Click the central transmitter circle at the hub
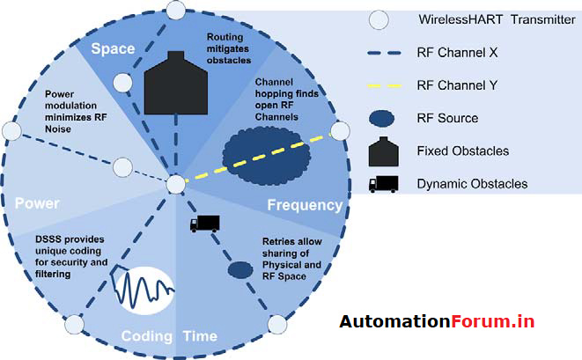(176, 184)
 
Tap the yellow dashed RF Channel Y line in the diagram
(264, 158)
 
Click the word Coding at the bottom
(147, 335)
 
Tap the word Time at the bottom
(200, 335)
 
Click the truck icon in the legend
(381, 183)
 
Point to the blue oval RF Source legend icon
(381, 118)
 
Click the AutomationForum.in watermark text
(437, 321)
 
